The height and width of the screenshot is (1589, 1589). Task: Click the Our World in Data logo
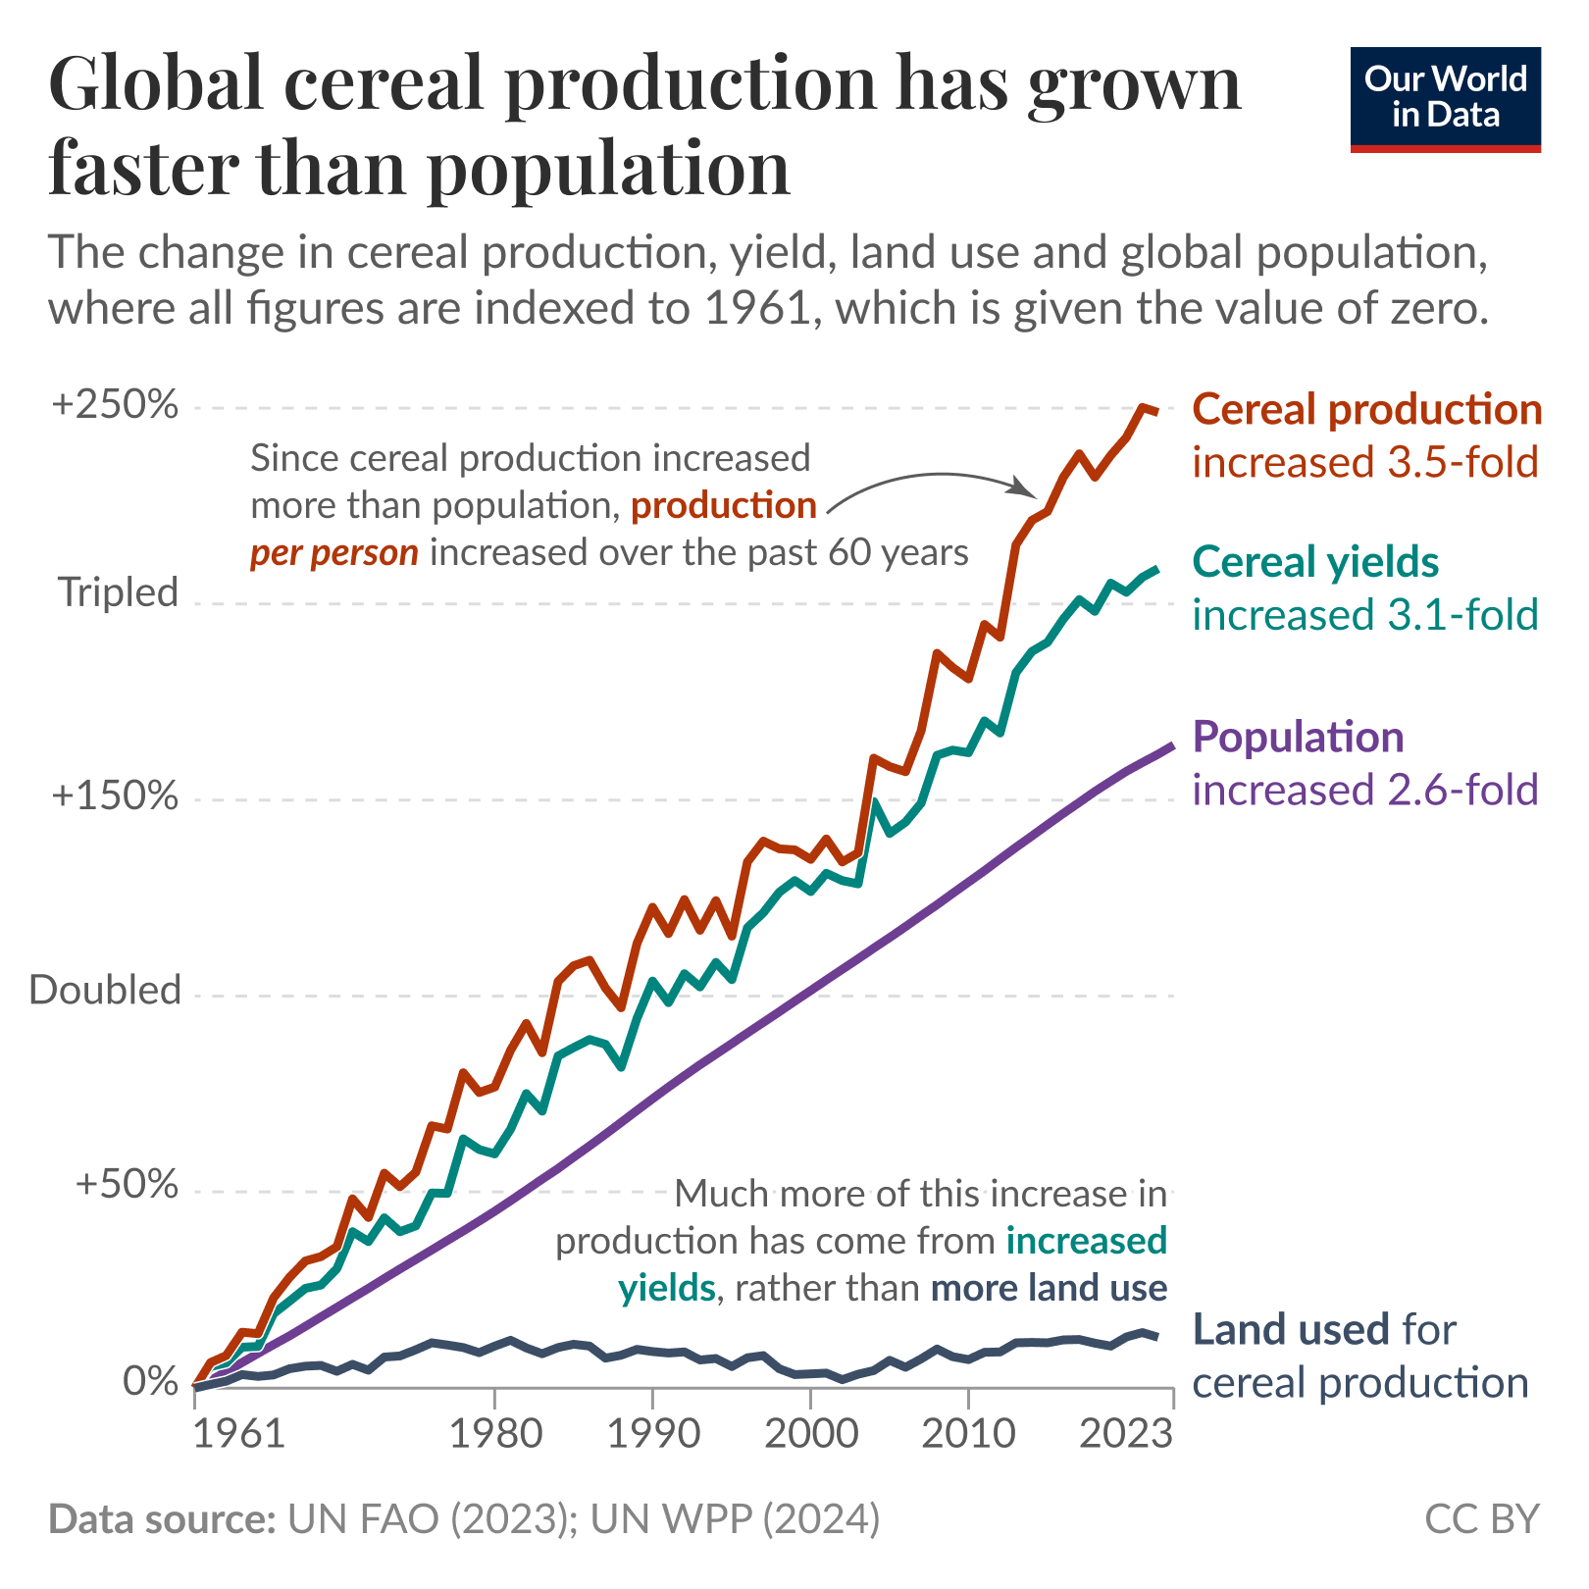pos(1445,99)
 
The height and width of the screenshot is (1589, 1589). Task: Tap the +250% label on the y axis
pos(116,404)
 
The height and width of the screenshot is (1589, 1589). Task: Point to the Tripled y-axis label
pos(119,592)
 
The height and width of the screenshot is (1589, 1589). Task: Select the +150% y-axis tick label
pos(116,795)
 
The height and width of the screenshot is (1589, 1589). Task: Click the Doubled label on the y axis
pos(106,991)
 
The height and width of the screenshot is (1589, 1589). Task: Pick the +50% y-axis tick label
pos(127,1185)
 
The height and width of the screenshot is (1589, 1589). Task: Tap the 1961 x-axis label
pos(238,1434)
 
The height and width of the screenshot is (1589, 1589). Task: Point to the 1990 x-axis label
pos(653,1434)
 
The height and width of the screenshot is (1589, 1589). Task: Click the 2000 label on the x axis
pos(810,1434)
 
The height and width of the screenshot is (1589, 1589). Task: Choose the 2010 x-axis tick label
pos(968,1434)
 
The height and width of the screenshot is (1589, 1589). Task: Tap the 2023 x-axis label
pos(1126,1434)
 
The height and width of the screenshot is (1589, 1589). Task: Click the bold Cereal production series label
pos(1366,410)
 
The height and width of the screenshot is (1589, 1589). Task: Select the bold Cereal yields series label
pos(1315,562)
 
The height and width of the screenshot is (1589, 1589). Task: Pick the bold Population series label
pos(1298,737)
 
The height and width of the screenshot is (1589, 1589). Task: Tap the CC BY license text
pos(1481,1519)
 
